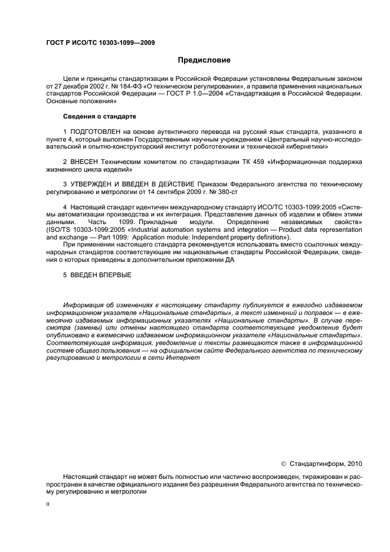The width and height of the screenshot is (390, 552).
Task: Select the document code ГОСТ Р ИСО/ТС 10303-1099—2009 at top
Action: coord(93,43)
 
